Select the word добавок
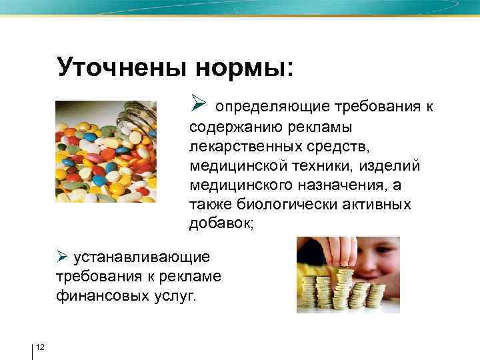[x=220, y=223]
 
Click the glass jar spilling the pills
[x=137, y=119]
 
